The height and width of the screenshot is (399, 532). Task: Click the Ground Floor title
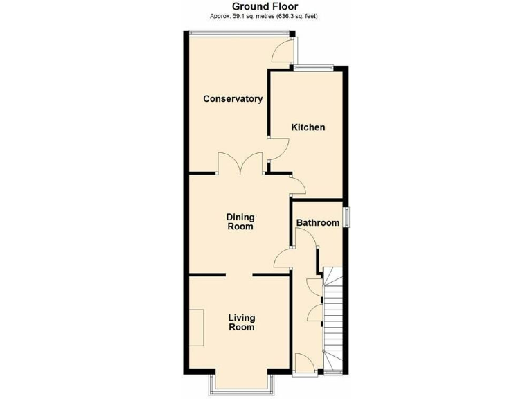point(265,7)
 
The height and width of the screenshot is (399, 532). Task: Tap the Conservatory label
point(233,99)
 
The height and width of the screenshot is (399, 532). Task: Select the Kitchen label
point(308,127)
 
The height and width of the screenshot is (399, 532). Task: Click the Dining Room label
point(240,222)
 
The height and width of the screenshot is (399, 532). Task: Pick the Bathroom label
point(318,223)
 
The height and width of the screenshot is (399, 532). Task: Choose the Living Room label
point(241,323)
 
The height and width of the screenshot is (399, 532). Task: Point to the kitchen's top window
point(312,68)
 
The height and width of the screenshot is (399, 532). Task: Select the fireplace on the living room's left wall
point(197,328)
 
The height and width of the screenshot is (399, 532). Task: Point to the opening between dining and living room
point(237,275)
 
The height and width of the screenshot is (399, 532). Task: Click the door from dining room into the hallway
point(284,258)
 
